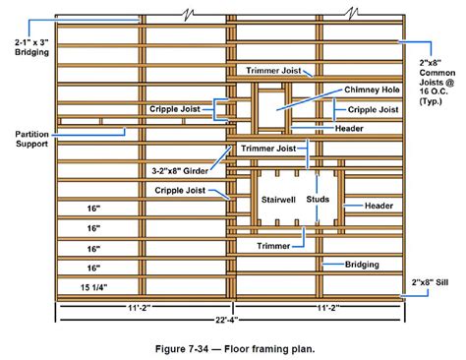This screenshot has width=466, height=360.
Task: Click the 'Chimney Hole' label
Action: (x=370, y=90)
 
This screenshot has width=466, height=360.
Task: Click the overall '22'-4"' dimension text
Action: (x=229, y=321)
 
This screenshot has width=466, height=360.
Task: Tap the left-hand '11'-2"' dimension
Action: (x=141, y=307)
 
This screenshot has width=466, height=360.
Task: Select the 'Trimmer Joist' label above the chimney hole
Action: (x=267, y=71)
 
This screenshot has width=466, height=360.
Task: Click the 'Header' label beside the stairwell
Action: (x=379, y=206)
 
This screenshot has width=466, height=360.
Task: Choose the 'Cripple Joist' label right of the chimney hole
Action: (x=374, y=110)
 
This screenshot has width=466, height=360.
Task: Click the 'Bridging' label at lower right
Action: (x=362, y=264)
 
